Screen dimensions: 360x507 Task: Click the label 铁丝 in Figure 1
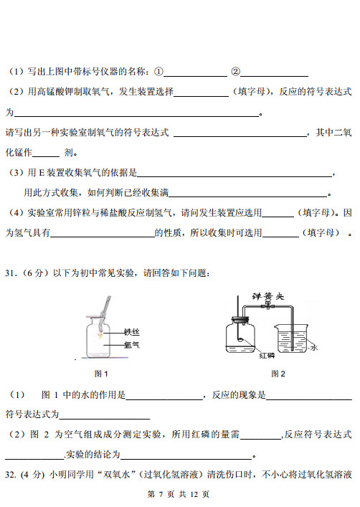point(132,331)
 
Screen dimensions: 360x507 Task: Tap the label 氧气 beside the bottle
point(132,345)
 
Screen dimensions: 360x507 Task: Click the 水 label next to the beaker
point(314,347)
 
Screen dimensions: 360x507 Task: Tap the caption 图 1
point(101,374)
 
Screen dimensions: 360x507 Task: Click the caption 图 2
point(278,374)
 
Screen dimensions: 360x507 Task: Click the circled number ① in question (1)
point(159,72)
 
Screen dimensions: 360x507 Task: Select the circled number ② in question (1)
point(235,72)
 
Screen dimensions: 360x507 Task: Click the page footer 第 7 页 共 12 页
point(178,494)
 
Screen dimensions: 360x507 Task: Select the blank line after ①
point(196,74)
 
